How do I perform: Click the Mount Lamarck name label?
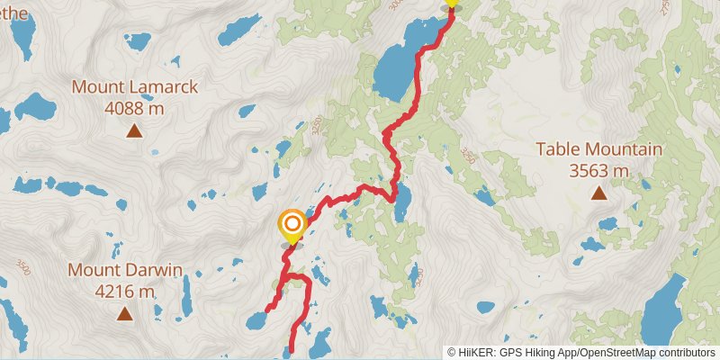tap(135, 87)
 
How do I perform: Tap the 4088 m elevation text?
tap(135, 108)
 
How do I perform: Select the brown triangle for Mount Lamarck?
tap(134, 131)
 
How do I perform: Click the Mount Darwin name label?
tap(125, 270)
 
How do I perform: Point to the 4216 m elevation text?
tap(125, 291)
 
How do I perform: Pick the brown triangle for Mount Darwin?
tap(124, 313)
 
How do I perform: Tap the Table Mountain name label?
tap(599, 149)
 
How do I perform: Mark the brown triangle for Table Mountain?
tap(598, 193)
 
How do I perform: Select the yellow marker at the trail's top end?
tap(452, 3)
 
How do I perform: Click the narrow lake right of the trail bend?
tap(402, 202)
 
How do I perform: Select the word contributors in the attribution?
tap(686, 352)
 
